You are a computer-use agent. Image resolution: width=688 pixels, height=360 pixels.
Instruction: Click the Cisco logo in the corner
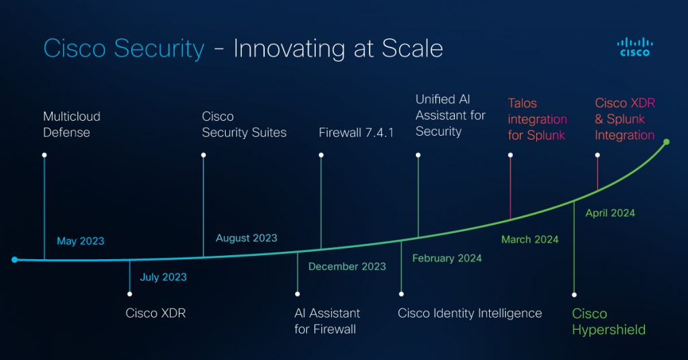point(634,47)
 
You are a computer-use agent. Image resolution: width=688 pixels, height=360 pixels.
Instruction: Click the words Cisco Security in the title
point(124,49)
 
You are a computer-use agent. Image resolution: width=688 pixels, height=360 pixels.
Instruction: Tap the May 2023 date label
point(81,241)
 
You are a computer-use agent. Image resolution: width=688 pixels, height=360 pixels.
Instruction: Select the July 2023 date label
point(163,277)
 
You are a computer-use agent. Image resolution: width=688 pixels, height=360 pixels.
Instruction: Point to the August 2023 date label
point(247,238)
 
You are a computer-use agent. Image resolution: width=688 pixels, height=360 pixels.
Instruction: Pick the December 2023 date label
point(347,267)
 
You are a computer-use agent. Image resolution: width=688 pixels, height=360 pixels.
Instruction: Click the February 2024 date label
point(447,258)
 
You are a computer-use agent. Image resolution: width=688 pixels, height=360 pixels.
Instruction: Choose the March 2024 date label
point(529,239)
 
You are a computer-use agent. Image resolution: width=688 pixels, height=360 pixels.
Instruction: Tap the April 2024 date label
point(610,213)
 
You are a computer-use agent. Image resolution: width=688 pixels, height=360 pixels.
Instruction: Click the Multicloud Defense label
point(72,124)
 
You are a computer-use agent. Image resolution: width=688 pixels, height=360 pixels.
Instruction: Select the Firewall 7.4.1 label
point(356,132)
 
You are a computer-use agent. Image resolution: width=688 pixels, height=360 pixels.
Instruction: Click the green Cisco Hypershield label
point(609,322)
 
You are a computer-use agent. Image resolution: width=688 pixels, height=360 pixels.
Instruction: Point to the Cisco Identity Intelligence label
point(470,313)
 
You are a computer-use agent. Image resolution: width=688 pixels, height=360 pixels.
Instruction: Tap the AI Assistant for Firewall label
point(327,321)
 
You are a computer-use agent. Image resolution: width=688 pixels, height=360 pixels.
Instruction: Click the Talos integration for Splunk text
point(537,120)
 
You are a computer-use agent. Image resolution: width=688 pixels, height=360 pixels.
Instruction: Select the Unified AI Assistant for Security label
point(450,116)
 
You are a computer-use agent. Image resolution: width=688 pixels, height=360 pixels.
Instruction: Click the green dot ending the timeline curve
point(666,142)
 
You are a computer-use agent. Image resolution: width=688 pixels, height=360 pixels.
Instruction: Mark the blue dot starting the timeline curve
point(14,259)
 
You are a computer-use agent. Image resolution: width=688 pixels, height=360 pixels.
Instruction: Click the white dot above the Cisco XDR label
point(129,294)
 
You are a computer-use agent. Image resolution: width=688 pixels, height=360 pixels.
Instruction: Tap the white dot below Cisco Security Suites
point(204,155)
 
